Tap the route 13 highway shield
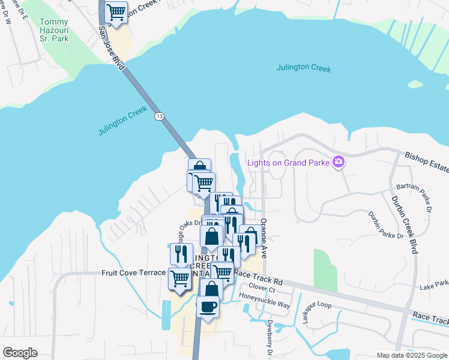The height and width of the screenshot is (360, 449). click(158, 116)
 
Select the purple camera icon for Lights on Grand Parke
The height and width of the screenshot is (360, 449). click(339, 162)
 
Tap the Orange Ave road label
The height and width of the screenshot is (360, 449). click(263, 238)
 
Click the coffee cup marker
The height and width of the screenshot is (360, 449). click(208, 307)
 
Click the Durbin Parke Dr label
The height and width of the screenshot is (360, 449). click(386, 226)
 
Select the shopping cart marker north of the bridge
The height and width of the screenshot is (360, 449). click(116, 12)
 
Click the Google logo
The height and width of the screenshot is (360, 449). click(20, 353)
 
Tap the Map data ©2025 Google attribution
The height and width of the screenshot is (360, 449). click(411, 355)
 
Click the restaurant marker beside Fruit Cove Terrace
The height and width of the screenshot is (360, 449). click(181, 254)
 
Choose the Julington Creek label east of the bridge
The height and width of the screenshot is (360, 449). click(304, 68)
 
